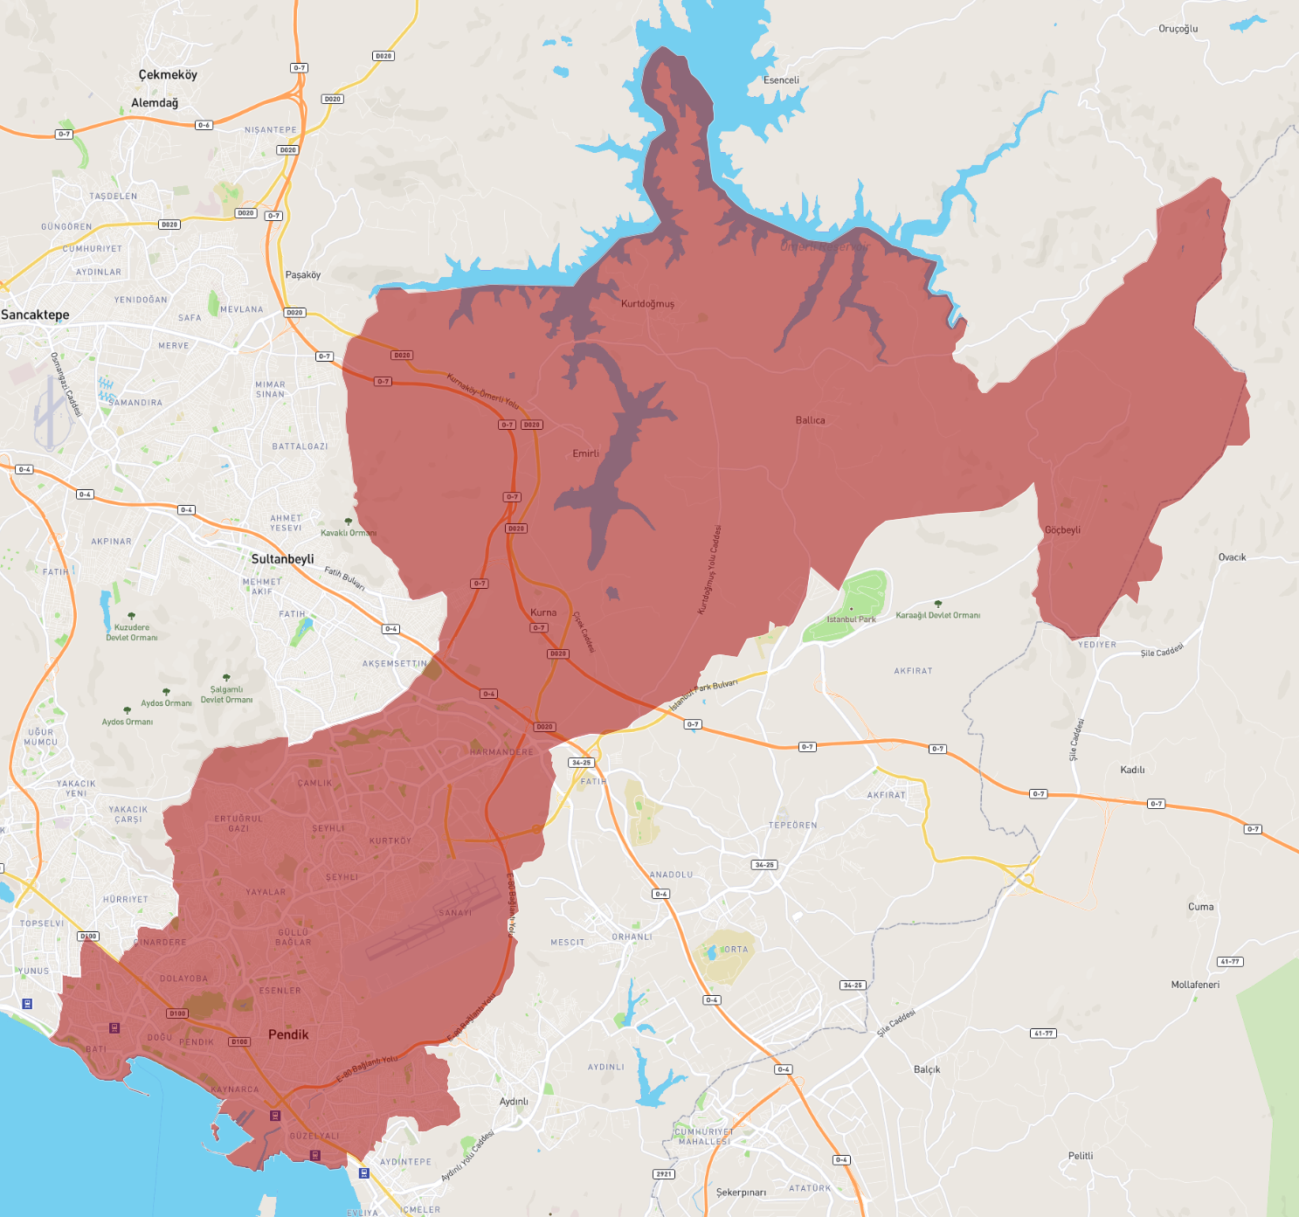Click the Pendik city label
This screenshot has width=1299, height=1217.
pos(288,1034)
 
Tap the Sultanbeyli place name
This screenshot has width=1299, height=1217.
pos(282,559)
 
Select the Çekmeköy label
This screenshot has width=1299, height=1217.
pos(168,75)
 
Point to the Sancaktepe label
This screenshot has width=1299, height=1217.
pos(35,315)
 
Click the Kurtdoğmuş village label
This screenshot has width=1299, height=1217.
pos(647,304)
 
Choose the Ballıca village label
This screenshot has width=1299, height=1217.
pos(810,420)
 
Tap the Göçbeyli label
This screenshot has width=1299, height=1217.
pos(1062,530)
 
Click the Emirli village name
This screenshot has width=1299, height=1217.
pos(585,453)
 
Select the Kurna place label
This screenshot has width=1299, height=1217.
pos(542,612)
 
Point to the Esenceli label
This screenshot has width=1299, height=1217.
pos(781,80)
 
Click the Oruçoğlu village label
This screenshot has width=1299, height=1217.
pos(1178,29)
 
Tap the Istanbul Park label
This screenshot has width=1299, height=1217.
pos(851,619)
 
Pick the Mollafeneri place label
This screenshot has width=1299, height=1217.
pos(1195,985)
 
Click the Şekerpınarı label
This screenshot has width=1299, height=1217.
pos(741,1193)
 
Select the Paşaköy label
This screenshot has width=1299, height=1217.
pos(302,275)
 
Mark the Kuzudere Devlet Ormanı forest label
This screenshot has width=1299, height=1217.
pos(132,633)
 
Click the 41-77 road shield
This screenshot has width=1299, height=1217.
pos(1230,962)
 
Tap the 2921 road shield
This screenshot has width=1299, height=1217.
pos(664,1174)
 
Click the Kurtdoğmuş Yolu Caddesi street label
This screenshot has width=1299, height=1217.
pos(709,570)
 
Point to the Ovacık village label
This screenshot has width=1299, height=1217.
pos(1232,557)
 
